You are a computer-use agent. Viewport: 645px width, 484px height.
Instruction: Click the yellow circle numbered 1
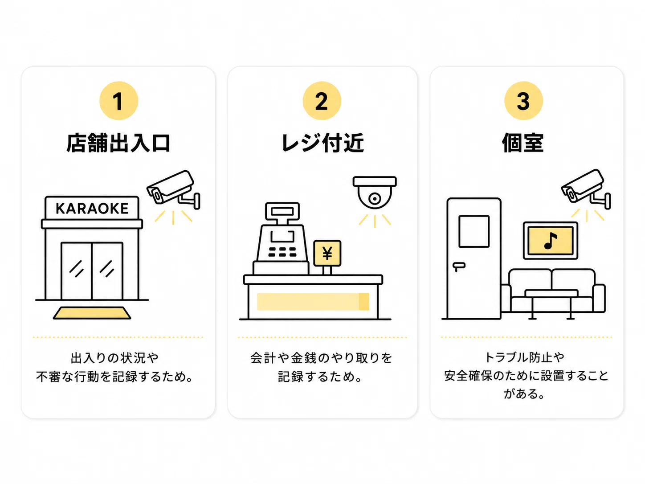118,101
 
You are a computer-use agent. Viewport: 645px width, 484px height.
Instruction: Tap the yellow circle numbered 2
322,101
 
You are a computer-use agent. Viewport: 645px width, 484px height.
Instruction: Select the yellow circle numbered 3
523,101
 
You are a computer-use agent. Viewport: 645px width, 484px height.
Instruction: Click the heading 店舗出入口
118,143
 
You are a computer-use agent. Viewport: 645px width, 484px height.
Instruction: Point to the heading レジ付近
322,143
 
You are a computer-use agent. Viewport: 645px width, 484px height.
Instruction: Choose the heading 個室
523,143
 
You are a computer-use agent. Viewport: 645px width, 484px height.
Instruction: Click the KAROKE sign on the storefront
92,209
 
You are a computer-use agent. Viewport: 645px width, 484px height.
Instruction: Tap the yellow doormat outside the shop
92,313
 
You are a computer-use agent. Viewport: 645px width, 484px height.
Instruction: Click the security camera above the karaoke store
173,189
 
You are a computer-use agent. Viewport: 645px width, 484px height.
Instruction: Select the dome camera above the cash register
375,193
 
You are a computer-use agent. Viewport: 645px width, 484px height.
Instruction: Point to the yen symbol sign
327,253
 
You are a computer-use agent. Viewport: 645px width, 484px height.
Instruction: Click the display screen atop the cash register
282,211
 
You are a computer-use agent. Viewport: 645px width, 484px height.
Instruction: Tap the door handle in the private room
459,266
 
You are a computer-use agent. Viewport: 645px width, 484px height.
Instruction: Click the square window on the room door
474,231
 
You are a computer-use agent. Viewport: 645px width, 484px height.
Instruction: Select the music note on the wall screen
551,241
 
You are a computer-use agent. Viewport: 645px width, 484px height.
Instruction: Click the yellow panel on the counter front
313,302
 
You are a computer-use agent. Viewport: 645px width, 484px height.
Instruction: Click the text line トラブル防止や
525,357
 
